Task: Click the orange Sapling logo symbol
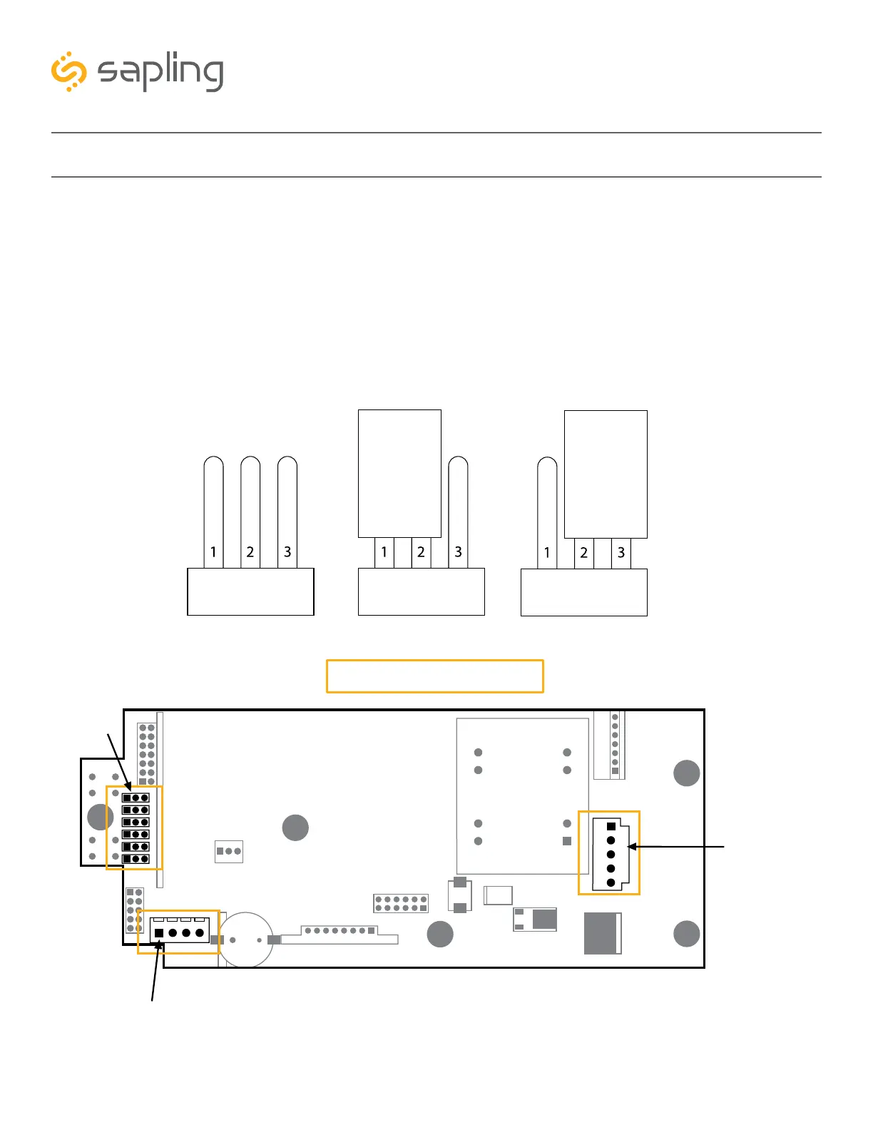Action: point(68,71)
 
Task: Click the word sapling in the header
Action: point(160,72)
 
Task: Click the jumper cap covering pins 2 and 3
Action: point(606,474)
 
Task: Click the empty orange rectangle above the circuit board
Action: point(435,676)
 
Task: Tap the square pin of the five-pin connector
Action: point(611,827)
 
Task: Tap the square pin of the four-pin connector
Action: point(159,932)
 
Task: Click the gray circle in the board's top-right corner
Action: point(687,773)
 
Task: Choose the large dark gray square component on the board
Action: point(602,933)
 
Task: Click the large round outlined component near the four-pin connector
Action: point(245,940)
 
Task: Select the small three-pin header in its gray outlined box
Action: point(229,851)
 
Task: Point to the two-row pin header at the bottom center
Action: point(401,904)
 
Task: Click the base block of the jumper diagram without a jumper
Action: point(250,591)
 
